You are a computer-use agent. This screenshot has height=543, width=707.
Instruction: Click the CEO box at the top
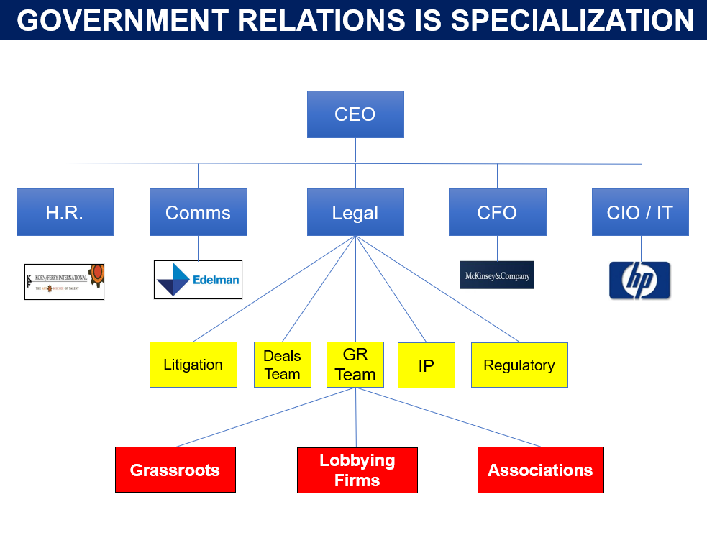(355, 114)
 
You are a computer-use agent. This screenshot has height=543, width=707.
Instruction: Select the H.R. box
(65, 212)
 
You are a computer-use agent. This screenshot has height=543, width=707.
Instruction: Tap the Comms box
(198, 212)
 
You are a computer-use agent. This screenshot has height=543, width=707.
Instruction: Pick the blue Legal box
(355, 212)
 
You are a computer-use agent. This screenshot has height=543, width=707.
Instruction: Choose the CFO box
(497, 212)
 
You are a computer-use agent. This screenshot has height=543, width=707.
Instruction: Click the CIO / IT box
(640, 212)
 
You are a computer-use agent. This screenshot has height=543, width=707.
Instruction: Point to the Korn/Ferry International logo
(64, 281)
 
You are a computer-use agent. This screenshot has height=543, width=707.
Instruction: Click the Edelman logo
(198, 280)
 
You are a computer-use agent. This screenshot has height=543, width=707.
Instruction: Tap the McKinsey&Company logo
(497, 275)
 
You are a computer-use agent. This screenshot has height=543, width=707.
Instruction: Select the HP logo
(639, 280)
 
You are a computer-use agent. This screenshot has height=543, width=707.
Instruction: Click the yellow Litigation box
(193, 365)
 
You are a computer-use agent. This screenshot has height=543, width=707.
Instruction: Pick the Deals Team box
(282, 365)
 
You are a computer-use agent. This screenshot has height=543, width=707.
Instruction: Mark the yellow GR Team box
(355, 365)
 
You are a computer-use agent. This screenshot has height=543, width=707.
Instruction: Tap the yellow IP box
(426, 365)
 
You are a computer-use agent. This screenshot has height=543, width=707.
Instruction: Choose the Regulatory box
(519, 365)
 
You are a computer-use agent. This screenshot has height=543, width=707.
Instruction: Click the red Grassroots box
(175, 470)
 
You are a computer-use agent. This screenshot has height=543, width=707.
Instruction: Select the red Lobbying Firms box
(357, 470)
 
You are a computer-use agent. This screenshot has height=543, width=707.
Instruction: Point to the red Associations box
(540, 470)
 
